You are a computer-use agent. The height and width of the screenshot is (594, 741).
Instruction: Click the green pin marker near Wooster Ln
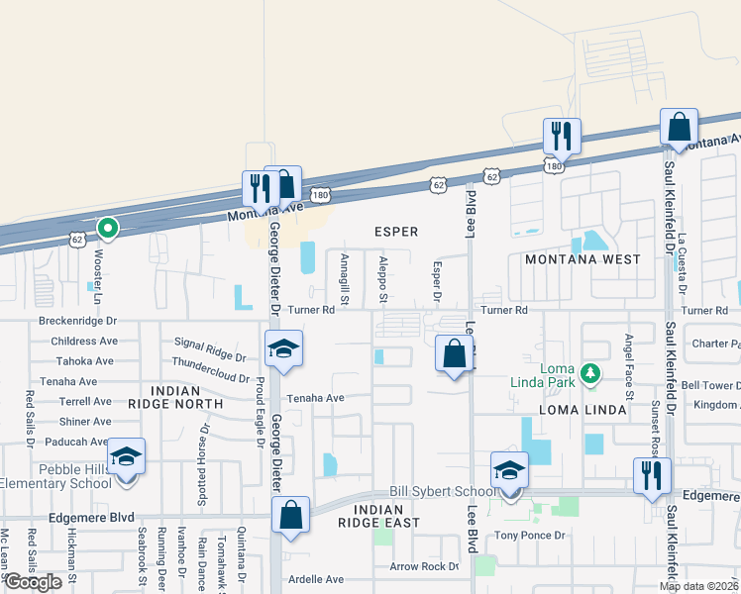tap(107, 230)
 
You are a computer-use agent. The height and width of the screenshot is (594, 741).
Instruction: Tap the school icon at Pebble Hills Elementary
tap(127, 456)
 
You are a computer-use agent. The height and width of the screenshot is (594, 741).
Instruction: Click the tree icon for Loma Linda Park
tap(591, 372)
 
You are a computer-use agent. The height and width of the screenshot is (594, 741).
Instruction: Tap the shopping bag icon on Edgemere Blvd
tap(290, 514)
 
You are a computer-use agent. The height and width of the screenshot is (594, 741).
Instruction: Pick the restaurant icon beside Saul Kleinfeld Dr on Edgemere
tap(653, 474)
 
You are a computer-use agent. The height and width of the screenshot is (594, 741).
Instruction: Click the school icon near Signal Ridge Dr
tap(283, 348)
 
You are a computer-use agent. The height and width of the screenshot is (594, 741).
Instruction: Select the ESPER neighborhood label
tap(395, 232)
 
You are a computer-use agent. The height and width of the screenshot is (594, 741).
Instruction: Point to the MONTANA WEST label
tap(582, 259)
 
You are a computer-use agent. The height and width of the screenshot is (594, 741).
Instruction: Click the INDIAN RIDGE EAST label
tap(378, 515)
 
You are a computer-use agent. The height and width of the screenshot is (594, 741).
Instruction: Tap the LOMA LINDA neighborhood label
tap(582, 409)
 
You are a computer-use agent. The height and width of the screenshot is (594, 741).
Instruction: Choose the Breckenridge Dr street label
tap(77, 321)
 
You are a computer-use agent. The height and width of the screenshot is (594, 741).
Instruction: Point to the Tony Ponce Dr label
tap(530, 536)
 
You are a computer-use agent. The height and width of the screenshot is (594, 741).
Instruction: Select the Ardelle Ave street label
tap(315, 579)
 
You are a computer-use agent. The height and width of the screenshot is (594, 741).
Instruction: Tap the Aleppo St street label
tap(382, 279)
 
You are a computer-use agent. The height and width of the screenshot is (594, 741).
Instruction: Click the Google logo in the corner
tap(33, 582)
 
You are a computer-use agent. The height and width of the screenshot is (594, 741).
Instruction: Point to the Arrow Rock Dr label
tap(424, 567)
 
